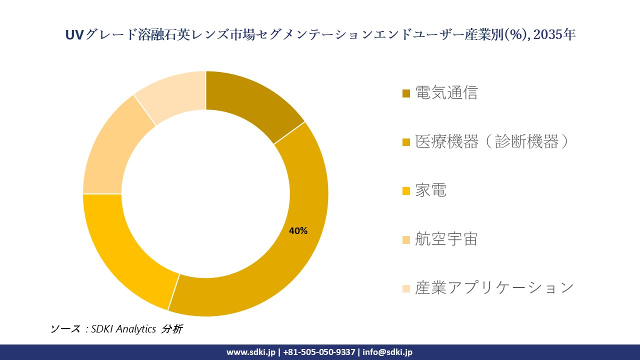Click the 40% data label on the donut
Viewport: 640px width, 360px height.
[x=298, y=231]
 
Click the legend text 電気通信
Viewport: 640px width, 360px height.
[x=446, y=93]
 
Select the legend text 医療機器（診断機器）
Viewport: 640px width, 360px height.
[x=492, y=142]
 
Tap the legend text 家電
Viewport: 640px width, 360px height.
[x=430, y=190]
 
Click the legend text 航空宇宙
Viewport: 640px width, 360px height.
[x=446, y=239]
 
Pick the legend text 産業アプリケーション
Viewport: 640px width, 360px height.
[x=494, y=288]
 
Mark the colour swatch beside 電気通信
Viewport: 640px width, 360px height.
[x=406, y=93]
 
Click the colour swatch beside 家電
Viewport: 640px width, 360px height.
[x=406, y=191]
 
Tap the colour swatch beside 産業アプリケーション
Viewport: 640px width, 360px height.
[x=406, y=288]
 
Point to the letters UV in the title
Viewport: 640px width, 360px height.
[x=74, y=34]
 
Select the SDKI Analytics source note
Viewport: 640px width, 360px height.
[x=116, y=329]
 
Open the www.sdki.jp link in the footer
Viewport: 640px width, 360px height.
[x=250, y=352]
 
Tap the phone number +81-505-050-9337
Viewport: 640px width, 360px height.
[x=319, y=352]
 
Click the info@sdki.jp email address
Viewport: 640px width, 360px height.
[x=387, y=352]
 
